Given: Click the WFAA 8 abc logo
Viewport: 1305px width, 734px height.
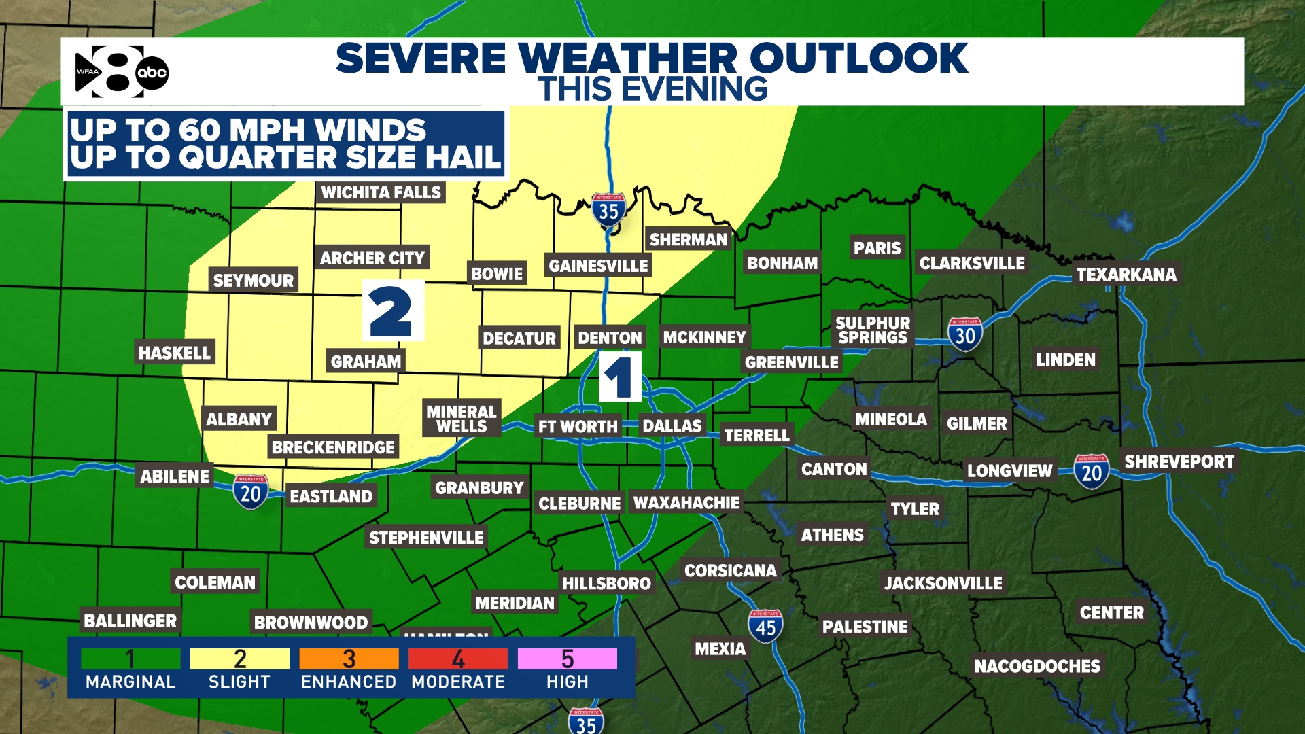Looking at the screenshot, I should (x=121, y=71).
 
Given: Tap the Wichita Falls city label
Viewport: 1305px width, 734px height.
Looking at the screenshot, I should (x=381, y=192).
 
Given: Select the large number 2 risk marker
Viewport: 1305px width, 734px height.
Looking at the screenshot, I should (x=392, y=311).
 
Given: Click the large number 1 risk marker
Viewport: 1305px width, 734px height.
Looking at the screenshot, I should (x=619, y=377).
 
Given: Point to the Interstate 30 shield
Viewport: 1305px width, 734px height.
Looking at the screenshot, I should (x=965, y=334).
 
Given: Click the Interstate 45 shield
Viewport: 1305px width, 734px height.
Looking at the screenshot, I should (x=765, y=626).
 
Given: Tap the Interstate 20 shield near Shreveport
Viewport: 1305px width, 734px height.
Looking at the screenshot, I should (x=1092, y=471).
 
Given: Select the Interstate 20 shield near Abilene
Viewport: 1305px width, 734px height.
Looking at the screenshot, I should (x=250, y=492).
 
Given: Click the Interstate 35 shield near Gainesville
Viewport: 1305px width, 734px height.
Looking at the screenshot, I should (x=608, y=211).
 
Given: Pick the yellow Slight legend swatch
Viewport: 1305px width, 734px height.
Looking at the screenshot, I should (x=239, y=659).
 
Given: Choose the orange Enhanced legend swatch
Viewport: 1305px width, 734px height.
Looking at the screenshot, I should (x=349, y=659).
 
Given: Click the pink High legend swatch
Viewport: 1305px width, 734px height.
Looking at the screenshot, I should (x=567, y=659).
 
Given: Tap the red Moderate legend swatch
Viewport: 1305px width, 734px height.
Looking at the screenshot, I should (x=458, y=659).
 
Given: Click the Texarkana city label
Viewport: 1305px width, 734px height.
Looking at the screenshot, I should (x=1126, y=274).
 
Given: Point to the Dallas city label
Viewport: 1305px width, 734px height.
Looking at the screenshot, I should (x=672, y=425).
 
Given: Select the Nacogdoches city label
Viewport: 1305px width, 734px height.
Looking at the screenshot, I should (x=1037, y=666).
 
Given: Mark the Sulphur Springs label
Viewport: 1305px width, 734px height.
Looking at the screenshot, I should (x=873, y=330).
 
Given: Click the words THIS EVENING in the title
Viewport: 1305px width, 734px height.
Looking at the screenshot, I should (x=652, y=89).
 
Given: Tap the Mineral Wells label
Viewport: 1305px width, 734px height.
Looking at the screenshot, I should (x=462, y=419).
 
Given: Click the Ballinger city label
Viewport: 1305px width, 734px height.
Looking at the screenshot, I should (x=130, y=621).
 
